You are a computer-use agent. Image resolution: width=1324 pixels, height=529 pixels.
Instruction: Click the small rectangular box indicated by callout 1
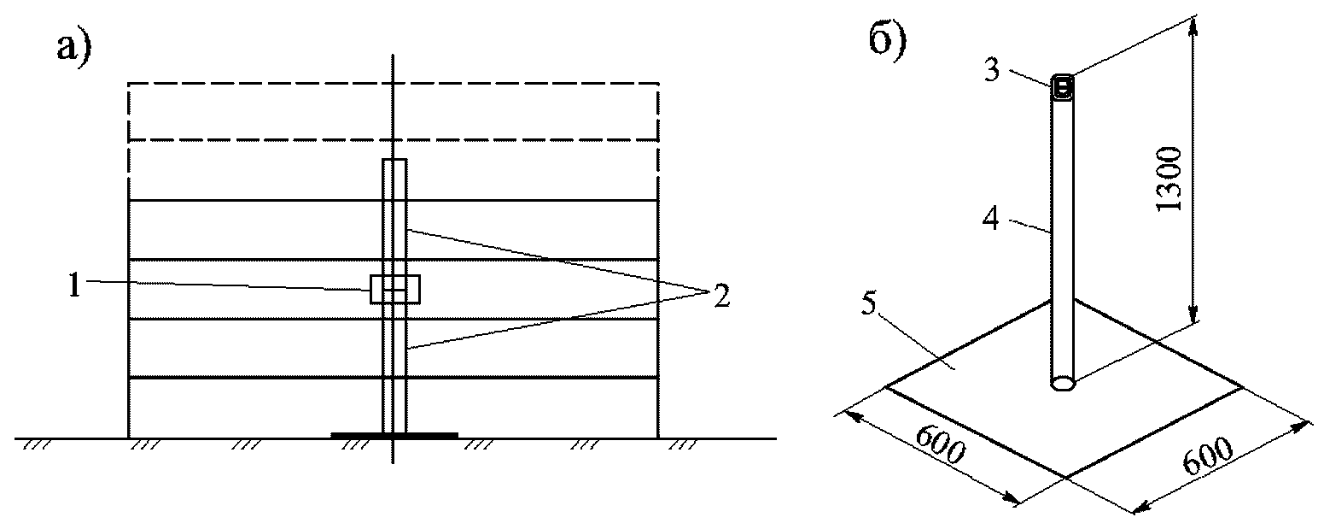coord(395,289)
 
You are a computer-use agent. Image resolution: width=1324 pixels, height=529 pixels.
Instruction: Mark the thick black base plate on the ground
coord(394,435)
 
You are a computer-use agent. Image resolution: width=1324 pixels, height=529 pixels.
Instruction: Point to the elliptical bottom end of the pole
coord(1063,384)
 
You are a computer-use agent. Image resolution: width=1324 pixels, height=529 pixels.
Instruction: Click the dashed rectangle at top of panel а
coord(393,111)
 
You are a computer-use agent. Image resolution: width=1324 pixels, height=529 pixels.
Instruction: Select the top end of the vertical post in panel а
coord(394,161)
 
